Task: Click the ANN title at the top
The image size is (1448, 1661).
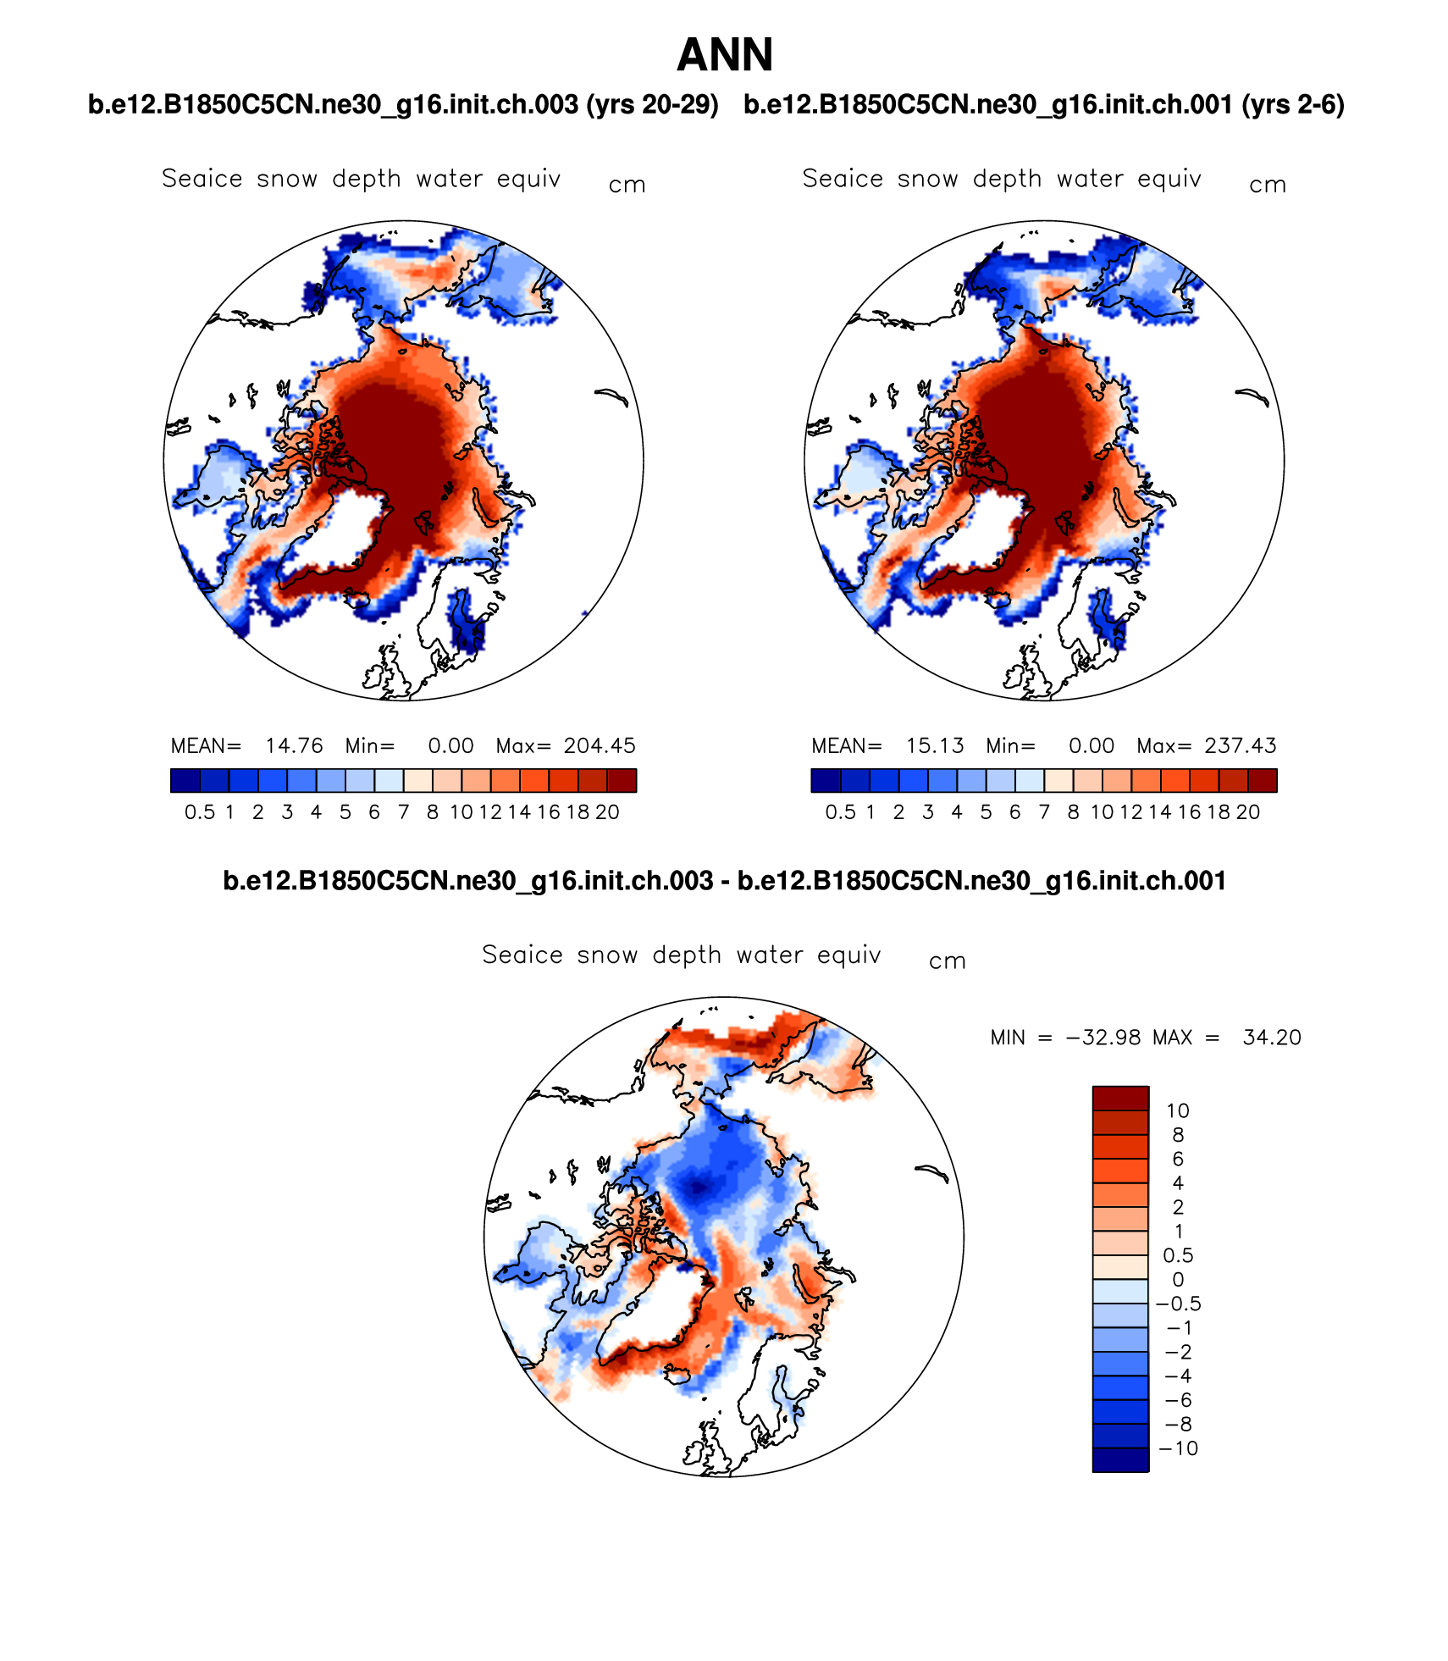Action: [x=725, y=56]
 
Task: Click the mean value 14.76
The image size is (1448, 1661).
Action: [x=294, y=746]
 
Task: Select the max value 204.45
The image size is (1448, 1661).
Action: [x=600, y=746]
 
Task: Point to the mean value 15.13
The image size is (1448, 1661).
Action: [x=935, y=746]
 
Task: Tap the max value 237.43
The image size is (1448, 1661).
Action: [x=1241, y=746]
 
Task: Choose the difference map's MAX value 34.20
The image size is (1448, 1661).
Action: [x=1272, y=1038]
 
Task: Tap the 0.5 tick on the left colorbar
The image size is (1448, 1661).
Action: [x=200, y=812]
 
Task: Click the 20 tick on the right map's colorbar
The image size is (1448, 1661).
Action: [x=1248, y=812]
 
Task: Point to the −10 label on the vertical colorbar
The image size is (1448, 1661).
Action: [x=1179, y=1448]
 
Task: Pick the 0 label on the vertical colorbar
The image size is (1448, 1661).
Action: [x=1178, y=1279]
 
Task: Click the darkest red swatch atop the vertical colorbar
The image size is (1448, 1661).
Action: [x=1120, y=1098]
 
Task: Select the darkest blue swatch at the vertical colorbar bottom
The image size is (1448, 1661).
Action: [x=1120, y=1460]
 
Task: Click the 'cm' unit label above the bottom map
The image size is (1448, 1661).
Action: [x=947, y=961]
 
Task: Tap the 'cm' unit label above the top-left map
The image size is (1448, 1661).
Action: [x=627, y=185]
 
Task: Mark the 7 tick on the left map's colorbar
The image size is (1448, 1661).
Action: [x=404, y=812]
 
